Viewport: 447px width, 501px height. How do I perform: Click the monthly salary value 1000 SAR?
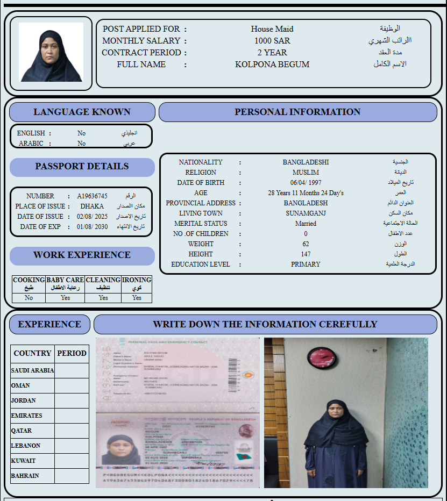point(272,41)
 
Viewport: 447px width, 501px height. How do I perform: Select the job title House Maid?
point(272,29)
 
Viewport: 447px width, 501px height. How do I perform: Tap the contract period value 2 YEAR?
point(272,53)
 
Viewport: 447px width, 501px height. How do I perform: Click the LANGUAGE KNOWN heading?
point(82,112)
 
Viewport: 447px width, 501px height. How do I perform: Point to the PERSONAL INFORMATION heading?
point(297,112)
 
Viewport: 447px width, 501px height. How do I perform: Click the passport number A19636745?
point(92,196)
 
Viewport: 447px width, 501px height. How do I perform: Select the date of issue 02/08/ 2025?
point(92,217)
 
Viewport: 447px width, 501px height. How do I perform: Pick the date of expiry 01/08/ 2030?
point(92,227)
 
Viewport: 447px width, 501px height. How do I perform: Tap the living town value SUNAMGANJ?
point(306,213)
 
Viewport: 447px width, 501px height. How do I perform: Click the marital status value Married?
point(306,224)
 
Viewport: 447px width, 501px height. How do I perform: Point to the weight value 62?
point(306,244)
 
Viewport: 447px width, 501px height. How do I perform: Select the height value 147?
point(306,254)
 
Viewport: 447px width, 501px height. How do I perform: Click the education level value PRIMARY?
point(306,264)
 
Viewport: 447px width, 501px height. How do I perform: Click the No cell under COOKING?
point(29,298)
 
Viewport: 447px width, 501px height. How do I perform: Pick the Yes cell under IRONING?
point(137,298)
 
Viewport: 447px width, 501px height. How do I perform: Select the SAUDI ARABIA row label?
point(32,370)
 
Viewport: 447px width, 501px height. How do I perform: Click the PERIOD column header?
point(72,353)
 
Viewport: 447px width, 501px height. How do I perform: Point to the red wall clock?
point(322,357)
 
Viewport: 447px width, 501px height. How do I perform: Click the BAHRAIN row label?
point(25,476)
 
